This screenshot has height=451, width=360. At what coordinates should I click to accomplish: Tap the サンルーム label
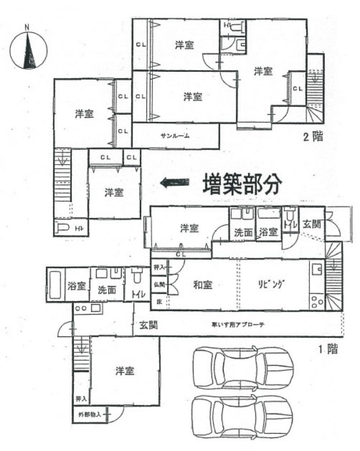[x=175, y=135]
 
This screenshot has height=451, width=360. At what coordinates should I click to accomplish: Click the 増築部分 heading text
[x=242, y=183]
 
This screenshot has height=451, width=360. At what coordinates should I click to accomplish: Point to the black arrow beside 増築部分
[x=175, y=183]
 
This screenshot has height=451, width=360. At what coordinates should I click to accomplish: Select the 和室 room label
[x=203, y=285]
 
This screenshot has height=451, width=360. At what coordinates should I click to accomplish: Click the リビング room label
[x=271, y=285]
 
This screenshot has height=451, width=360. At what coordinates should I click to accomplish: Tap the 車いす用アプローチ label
[x=232, y=324]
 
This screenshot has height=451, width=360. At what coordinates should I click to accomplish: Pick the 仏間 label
[x=159, y=285]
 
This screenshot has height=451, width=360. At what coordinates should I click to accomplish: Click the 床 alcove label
[x=158, y=301]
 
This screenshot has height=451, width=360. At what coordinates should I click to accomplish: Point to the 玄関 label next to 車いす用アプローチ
[x=148, y=324]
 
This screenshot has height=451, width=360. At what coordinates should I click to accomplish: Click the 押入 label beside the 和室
[x=158, y=267]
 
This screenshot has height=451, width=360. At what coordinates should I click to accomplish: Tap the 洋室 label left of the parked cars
[x=125, y=371]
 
